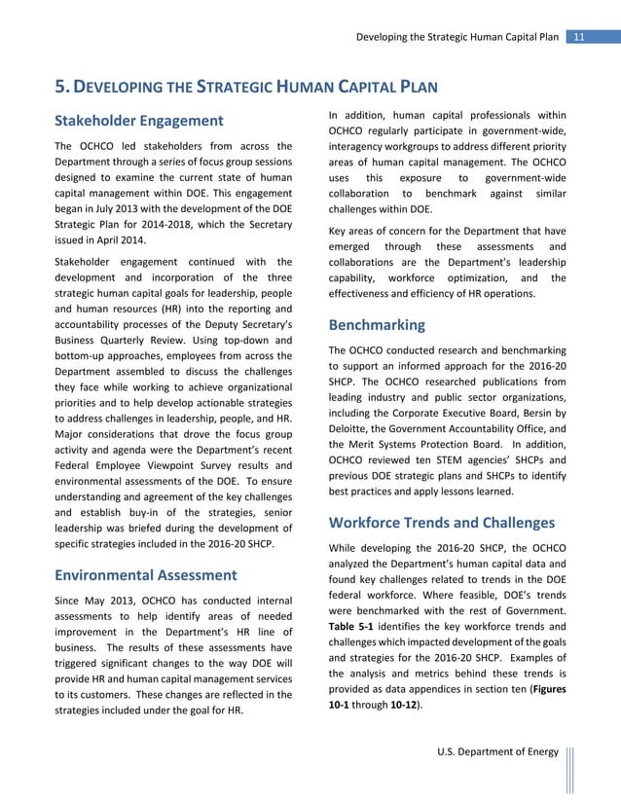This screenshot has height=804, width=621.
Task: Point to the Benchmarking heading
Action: click(378, 324)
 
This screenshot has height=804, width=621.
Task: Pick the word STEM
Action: click(456, 459)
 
